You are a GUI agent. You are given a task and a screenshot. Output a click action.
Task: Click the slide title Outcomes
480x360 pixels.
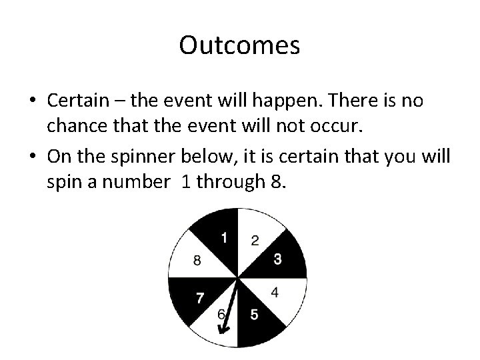click(240, 46)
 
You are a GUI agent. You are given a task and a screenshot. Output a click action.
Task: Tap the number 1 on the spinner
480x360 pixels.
click(225, 237)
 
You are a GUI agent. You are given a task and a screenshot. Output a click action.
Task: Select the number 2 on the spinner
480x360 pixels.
click(255, 240)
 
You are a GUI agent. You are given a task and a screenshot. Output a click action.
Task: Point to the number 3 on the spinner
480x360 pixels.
click(277, 259)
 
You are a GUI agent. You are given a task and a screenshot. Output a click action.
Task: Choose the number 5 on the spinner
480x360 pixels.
click(254, 315)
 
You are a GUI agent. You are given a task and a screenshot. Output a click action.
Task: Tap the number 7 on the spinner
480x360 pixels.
click(199, 298)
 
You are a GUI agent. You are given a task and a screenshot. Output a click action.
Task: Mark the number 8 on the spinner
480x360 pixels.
click(197, 261)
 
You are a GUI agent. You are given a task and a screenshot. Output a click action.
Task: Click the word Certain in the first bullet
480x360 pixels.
click(76, 101)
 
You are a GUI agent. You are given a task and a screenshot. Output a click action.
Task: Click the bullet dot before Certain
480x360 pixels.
click(32, 101)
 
